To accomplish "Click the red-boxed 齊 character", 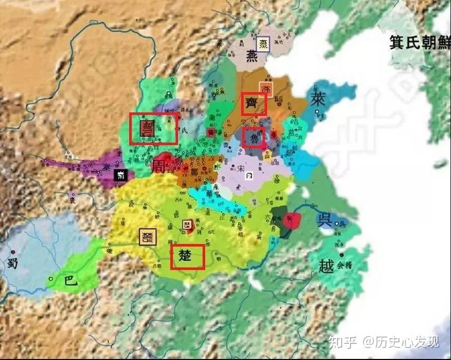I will pos(254,104).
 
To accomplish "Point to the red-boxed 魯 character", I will pos(254,138).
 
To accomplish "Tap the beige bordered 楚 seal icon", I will pos(146,237).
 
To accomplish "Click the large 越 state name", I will pos(326,266).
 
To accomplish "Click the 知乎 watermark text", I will pos(346,342).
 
